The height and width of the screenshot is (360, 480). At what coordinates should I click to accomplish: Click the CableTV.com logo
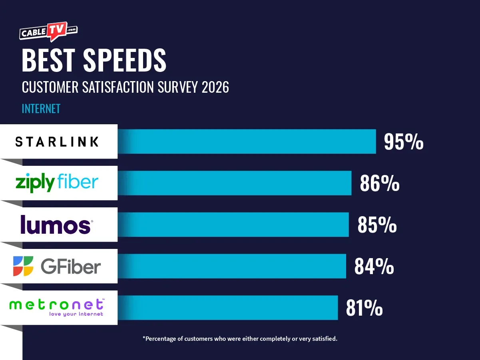[48, 32]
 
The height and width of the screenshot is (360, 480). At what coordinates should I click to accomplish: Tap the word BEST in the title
[48, 61]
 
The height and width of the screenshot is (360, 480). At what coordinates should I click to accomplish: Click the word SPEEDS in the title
[124, 61]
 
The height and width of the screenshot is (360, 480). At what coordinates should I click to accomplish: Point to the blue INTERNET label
[41, 109]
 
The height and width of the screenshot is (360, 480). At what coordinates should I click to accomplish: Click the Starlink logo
[57, 141]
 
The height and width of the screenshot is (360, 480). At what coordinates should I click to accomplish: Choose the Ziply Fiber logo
[57, 183]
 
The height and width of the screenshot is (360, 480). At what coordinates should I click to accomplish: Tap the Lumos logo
[56, 225]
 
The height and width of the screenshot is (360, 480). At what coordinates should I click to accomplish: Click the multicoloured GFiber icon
[24, 266]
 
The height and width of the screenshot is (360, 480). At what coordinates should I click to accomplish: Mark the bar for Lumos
[233, 225]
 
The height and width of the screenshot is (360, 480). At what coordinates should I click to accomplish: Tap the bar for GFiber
[232, 266]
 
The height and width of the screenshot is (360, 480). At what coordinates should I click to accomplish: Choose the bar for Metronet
[228, 308]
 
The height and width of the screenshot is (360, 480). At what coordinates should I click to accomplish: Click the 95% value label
[404, 142]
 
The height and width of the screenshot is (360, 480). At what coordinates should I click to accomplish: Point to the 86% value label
[379, 183]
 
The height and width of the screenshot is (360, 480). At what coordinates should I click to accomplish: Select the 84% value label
[374, 267]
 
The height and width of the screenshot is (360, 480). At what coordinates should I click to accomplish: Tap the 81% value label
[364, 308]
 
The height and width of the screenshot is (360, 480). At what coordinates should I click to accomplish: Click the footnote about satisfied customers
[240, 339]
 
